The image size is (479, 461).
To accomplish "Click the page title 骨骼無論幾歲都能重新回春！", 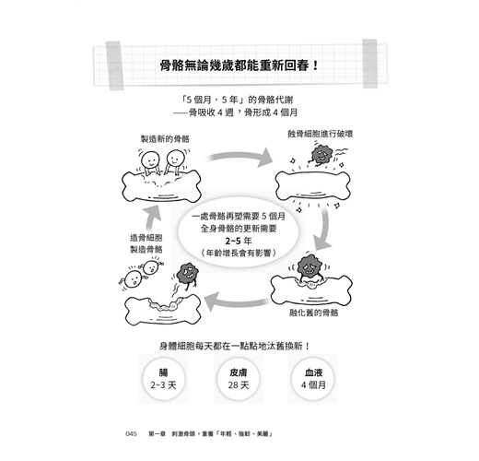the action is point(239,65).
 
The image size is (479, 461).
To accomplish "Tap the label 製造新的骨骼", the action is point(165,139).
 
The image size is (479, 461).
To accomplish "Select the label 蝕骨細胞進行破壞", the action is point(320,134).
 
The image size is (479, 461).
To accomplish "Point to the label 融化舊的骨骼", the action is point(314,313).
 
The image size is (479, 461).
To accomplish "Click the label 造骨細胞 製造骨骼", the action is point(146,243).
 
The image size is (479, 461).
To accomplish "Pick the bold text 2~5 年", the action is point(239,241).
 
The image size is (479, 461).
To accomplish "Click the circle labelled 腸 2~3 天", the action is point(164,379).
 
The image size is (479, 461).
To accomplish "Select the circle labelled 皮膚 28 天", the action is point(239,379).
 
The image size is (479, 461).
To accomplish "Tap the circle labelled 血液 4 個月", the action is point(313,379).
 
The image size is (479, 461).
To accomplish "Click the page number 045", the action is point(131,434).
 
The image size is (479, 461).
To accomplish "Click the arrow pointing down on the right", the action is point(324,228).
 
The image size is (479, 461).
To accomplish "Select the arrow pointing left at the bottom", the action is point(237,302).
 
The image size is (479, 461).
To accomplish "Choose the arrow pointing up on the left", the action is point(153,219).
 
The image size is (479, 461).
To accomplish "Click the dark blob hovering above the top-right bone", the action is point(321,154).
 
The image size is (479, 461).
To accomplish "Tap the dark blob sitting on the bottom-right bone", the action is point(310,266).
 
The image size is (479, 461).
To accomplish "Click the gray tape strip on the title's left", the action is point(114,65).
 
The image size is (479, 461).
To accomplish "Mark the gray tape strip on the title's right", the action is point(370,64).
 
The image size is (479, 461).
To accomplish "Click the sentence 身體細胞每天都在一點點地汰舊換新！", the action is point(235,346).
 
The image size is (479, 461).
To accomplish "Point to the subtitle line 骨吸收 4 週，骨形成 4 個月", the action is point(236,112).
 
